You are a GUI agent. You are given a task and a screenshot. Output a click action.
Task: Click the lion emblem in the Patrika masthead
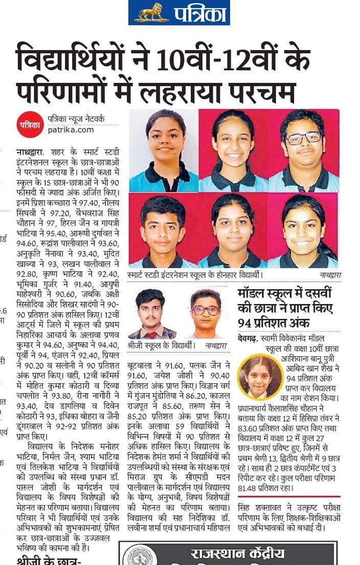pyautogui.click(x=151, y=12)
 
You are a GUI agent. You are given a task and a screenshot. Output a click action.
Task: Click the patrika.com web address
pyautogui.click(x=71, y=129)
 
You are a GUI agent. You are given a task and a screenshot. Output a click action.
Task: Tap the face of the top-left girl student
pyautogui.click(x=165, y=138)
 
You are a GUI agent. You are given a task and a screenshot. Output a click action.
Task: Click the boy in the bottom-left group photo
pyautogui.click(x=162, y=230)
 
